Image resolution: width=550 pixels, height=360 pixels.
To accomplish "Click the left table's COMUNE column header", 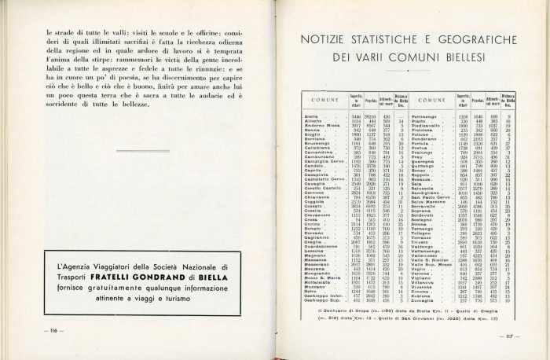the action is (324, 101).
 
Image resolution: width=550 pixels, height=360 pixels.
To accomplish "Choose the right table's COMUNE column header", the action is (431, 101).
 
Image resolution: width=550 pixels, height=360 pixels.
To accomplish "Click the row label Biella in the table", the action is (311, 116).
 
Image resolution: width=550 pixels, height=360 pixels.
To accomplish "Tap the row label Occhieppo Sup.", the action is (323, 299).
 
